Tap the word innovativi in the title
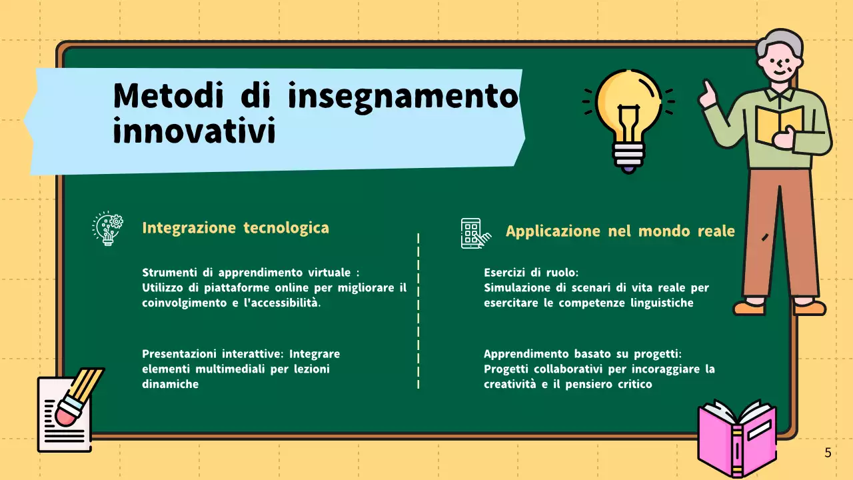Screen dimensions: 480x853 point(194,131)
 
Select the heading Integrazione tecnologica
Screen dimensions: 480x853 point(235,228)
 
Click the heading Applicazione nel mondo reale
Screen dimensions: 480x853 point(620,231)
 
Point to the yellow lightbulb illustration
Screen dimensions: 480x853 point(628,107)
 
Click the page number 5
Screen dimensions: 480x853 point(828,453)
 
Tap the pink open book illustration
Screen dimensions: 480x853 point(736,437)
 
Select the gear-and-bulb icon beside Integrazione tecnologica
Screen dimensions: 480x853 point(107,228)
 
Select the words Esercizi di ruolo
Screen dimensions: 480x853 point(531,273)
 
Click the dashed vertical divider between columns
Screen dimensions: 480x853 point(418,310)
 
